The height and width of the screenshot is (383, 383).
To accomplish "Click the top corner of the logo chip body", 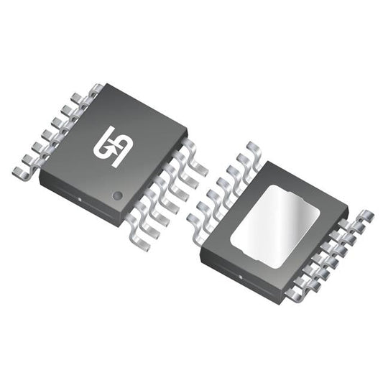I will [103, 85].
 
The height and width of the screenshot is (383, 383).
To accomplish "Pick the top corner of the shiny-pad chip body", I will [266, 162].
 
